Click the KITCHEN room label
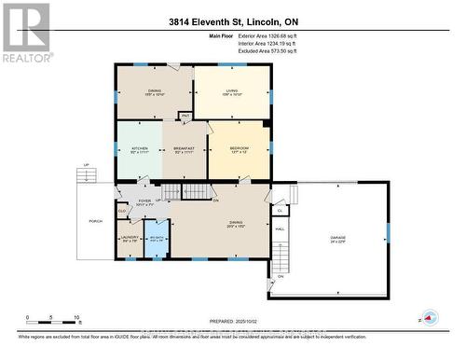click(x=139, y=149)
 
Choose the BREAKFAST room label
click(x=185, y=149)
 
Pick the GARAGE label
click(x=337, y=239)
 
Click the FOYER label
click(x=144, y=200)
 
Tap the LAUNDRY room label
click(x=130, y=239)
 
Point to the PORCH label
click(x=94, y=221)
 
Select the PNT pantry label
click(x=185, y=116)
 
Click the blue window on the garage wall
click(x=386, y=231)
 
